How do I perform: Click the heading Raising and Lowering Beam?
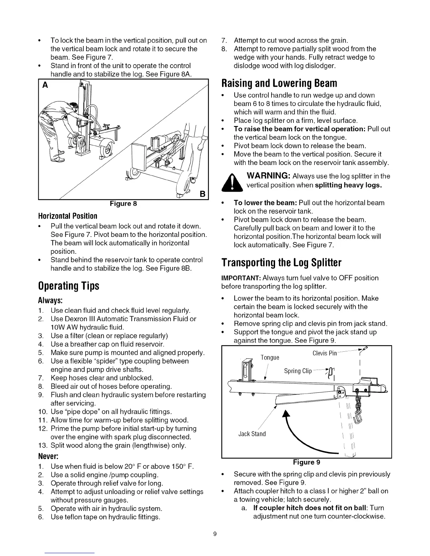pos(279,84)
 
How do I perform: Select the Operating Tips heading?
pos(69,286)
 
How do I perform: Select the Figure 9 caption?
pos(306,462)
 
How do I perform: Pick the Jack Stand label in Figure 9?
pos(252,434)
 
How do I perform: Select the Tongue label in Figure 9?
pos(270,358)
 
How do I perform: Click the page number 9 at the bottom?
pos(215,535)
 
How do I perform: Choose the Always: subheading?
pos(51,301)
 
